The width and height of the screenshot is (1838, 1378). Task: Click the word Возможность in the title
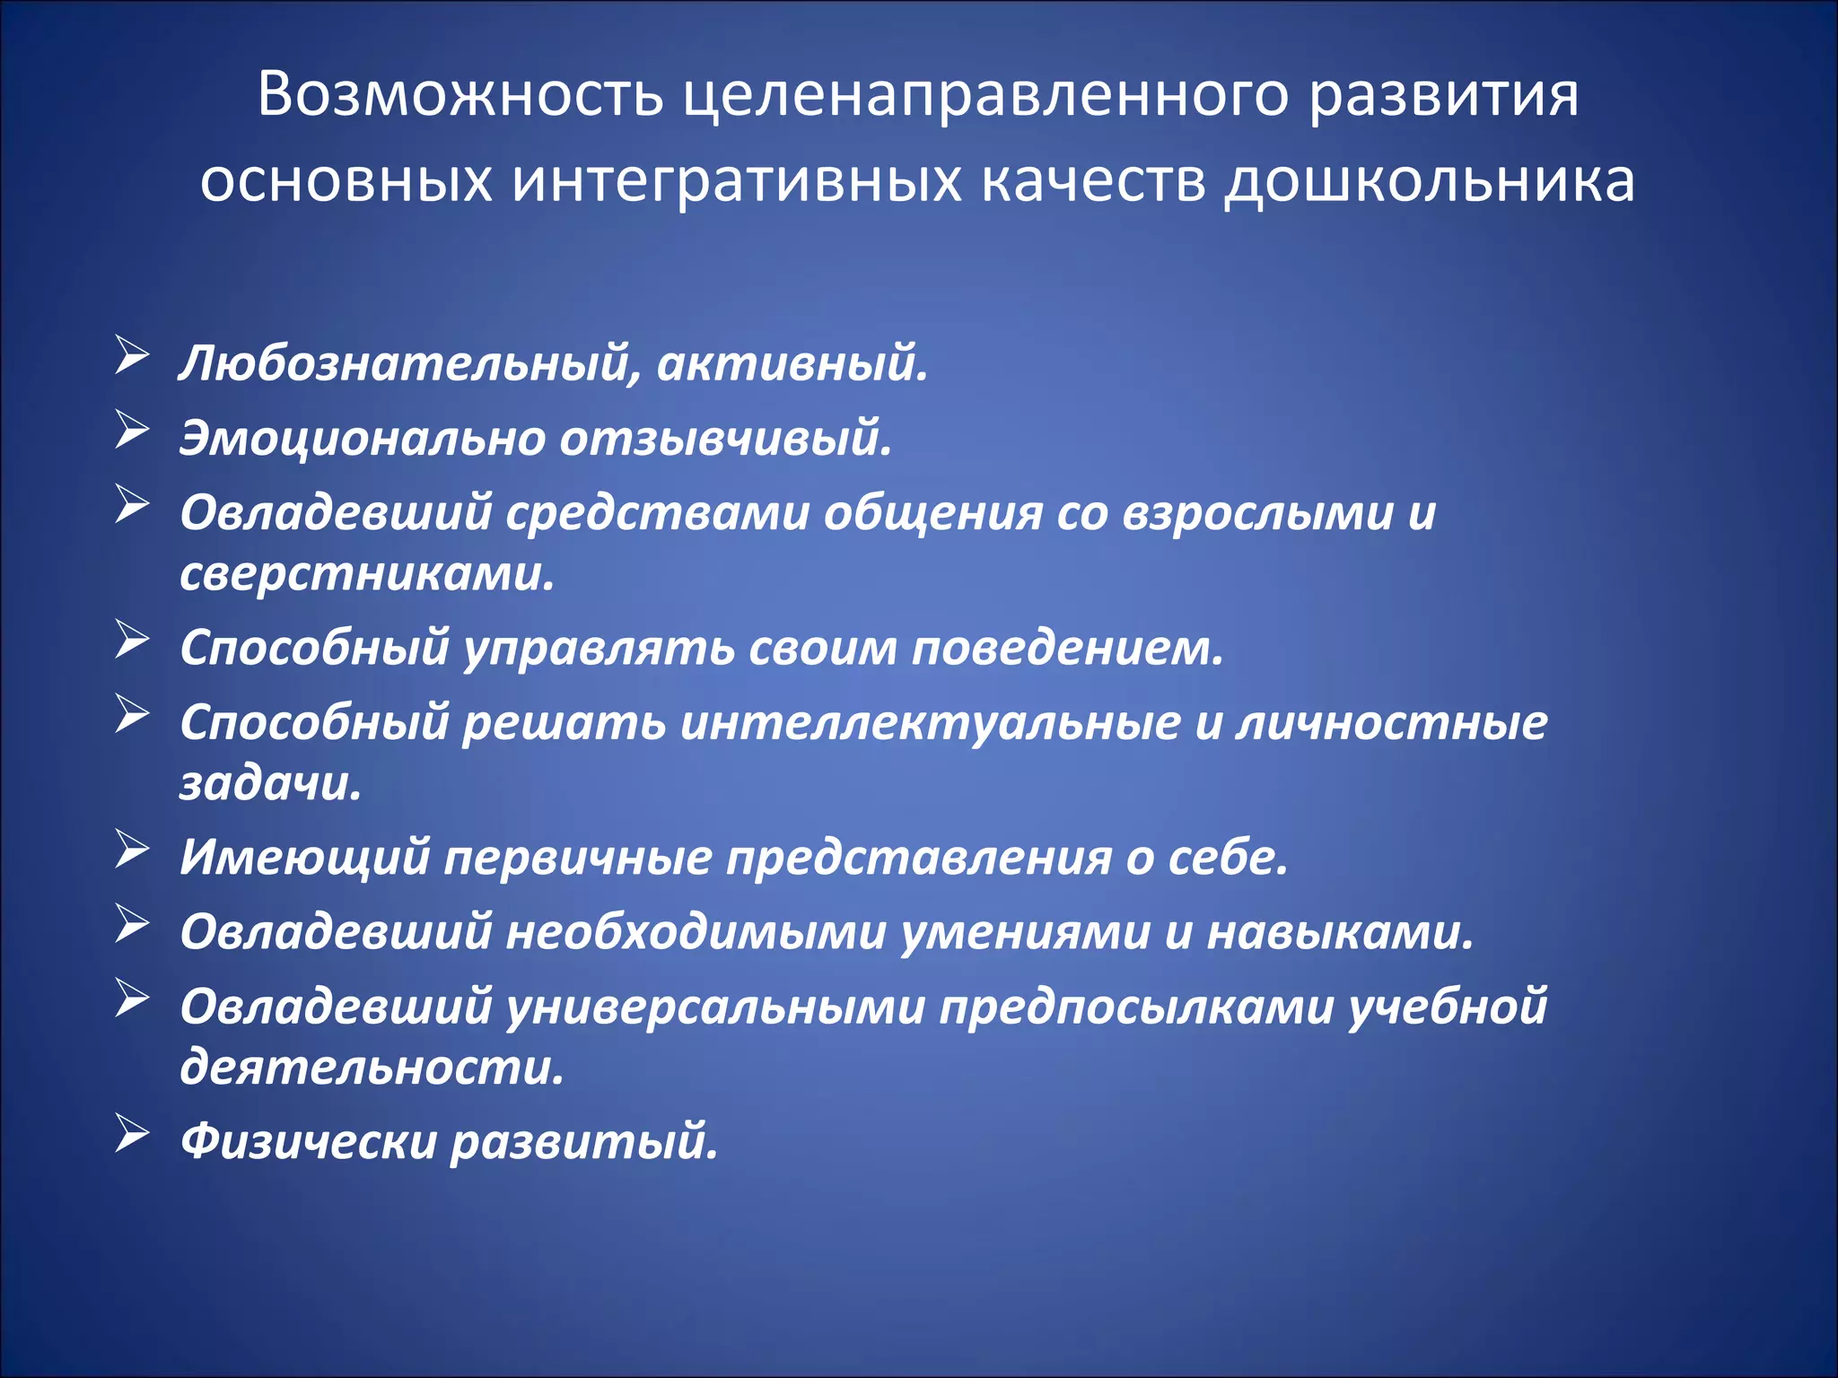(x=460, y=94)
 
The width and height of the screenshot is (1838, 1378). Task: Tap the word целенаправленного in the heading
(x=985, y=94)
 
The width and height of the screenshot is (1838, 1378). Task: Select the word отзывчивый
(x=727, y=440)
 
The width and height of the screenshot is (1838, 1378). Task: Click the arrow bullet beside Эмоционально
(x=132, y=430)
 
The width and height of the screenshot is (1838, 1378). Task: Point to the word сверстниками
(x=367, y=574)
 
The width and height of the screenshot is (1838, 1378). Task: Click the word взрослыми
(x=1257, y=514)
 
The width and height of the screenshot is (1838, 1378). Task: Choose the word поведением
(x=1067, y=649)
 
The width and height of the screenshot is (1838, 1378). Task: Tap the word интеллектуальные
(x=930, y=723)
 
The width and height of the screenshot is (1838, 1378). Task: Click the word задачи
(x=270, y=784)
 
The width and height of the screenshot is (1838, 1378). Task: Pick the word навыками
(x=1340, y=933)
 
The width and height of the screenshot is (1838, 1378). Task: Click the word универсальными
(x=715, y=1007)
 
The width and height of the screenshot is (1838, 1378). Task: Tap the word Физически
(x=307, y=1142)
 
